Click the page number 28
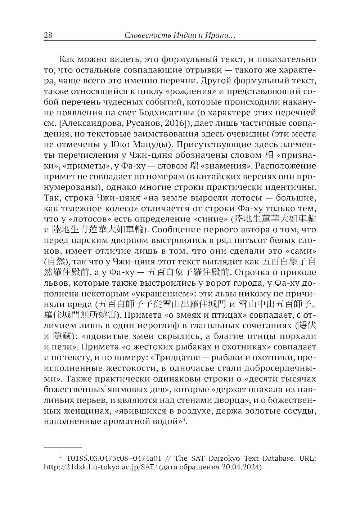[48, 35]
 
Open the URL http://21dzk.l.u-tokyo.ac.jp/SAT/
[100, 468]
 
